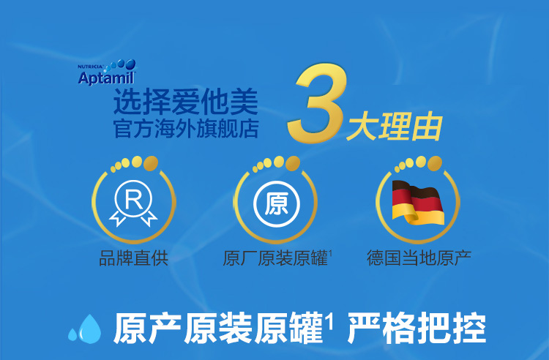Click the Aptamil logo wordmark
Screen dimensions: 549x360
(x=106, y=78)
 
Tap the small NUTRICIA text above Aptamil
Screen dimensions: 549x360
(x=90, y=67)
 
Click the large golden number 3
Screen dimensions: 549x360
(x=316, y=102)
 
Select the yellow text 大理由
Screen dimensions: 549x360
(x=395, y=126)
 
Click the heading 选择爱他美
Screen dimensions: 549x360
(x=186, y=102)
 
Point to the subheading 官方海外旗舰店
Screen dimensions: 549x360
(x=186, y=129)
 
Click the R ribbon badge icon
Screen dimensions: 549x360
(x=133, y=203)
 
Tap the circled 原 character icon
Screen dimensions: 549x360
(x=277, y=204)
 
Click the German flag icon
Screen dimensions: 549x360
(x=418, y=202)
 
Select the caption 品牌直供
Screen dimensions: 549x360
(x=134, y=258)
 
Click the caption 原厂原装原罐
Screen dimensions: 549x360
(x=275, y=258)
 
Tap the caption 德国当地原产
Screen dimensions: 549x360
(x=419, y=258)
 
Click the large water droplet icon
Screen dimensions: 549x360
(x=89, y=329)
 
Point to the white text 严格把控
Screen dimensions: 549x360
(x=417, y=329)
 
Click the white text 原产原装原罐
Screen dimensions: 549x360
(x=218, y=329)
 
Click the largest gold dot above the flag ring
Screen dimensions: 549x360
(x=435, y=163)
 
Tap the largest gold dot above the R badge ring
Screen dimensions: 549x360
(x=151, y=163)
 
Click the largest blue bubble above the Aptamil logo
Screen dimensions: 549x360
(x=130, y=64)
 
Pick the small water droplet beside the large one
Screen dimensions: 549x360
(x=72, y=334)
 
